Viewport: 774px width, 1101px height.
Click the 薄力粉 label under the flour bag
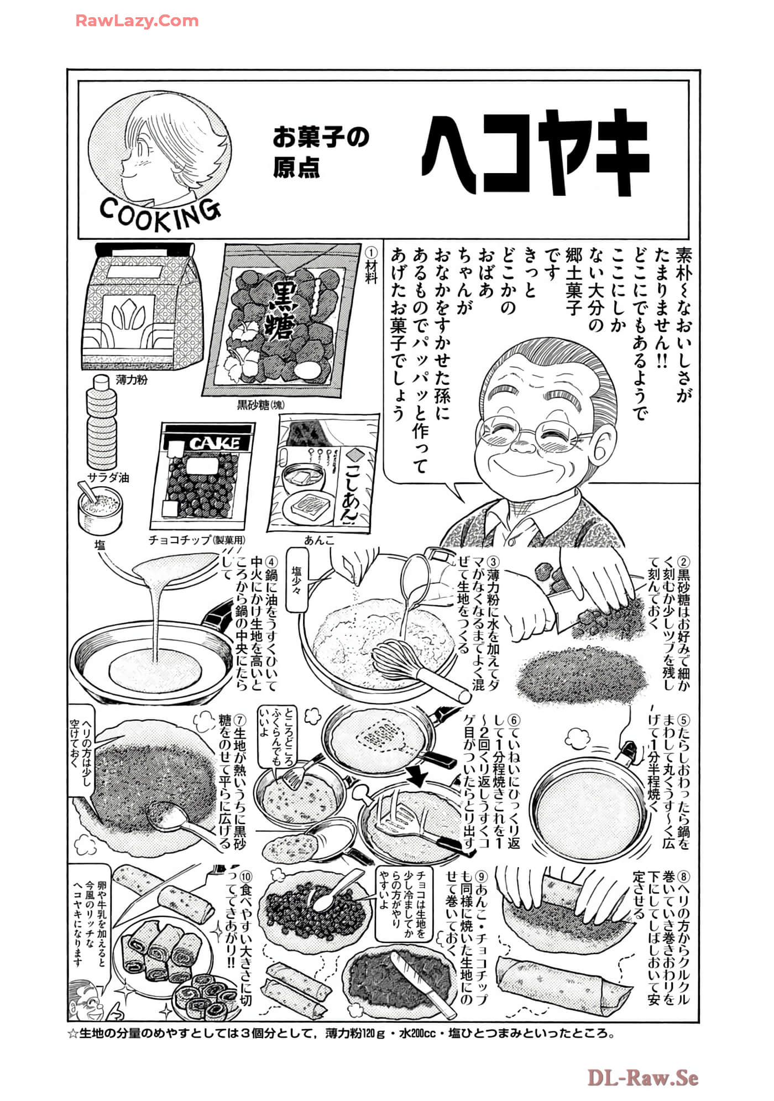(x=132, y=380)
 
